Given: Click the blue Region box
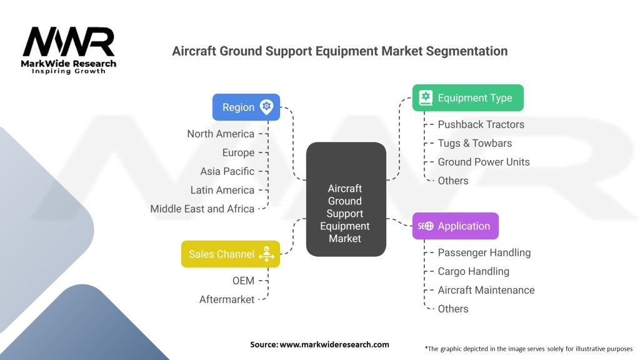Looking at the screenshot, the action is pos(246,107).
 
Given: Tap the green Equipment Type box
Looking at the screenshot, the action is pos(467,98).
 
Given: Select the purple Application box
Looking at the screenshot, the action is pos(456,226).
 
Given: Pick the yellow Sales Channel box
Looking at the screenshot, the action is pos(231,254).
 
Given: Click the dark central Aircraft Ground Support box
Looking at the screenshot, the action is pos(346,199).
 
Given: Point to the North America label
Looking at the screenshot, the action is pos(221,134).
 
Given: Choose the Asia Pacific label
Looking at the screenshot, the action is pos(227,171).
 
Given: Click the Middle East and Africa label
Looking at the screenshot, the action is pos(202,209).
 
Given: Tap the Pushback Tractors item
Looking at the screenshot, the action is pos(481,124).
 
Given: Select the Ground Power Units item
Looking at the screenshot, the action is pos(484,162).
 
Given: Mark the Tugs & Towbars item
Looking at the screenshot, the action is pos(475,143).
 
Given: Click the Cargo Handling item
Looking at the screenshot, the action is pos(474,271).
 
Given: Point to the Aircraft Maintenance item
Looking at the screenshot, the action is pos(486,290).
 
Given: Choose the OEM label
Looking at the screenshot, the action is pos(243,281).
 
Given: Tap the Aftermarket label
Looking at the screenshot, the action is pos(226,299).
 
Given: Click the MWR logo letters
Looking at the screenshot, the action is pos(69,42).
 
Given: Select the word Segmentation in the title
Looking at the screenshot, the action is pos(466,51).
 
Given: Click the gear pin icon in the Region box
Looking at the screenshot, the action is pos(266,107).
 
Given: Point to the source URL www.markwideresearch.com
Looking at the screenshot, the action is pos(334,344).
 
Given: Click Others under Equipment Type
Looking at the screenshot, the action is pos(453,181).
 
